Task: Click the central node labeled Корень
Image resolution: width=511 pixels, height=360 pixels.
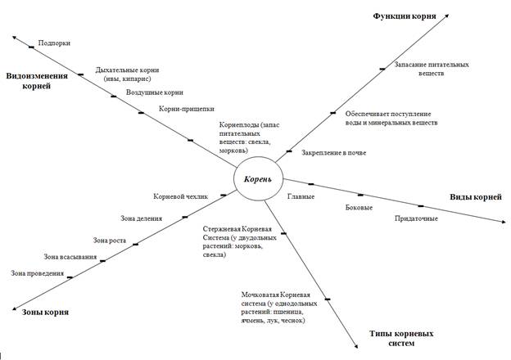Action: (x=258, y=178)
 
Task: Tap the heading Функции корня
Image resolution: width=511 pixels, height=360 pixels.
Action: (x=405, y=16)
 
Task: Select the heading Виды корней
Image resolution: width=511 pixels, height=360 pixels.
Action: (x=476, y=197)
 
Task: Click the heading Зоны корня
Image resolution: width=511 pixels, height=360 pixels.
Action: (x=45, y=313)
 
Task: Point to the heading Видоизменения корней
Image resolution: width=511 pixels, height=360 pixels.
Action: (x=37, y=81)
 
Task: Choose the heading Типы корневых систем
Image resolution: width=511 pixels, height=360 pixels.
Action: (x=401, y=338)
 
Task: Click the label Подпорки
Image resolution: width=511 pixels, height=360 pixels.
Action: (x=54, y=43)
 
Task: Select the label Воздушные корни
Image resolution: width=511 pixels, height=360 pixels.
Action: (x=155, y=92)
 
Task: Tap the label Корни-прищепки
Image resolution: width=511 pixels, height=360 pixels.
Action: (x=187, y=109)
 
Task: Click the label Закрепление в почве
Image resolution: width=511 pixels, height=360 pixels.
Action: (x=334, y=153)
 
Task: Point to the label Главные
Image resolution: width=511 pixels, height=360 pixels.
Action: (x=301, y=196)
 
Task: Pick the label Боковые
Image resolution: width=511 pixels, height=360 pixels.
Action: (x=359, y=207)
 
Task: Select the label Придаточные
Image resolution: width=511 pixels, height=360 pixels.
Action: (x=416, y=218)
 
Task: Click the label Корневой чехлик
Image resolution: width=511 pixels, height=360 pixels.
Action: (x=180, y=196)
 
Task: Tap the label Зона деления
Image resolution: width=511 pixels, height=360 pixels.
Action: (x=141, y=218)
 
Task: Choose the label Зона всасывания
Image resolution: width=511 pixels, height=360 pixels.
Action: (x=70, y=257)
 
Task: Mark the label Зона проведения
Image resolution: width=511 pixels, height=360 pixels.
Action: (x=37, y=273)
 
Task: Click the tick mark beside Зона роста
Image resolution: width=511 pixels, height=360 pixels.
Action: (x=136, y=244)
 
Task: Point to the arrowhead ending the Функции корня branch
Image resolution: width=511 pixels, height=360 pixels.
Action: (x=447, y=16)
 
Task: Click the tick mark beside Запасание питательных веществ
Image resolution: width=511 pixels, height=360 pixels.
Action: (x=382, y=69)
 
